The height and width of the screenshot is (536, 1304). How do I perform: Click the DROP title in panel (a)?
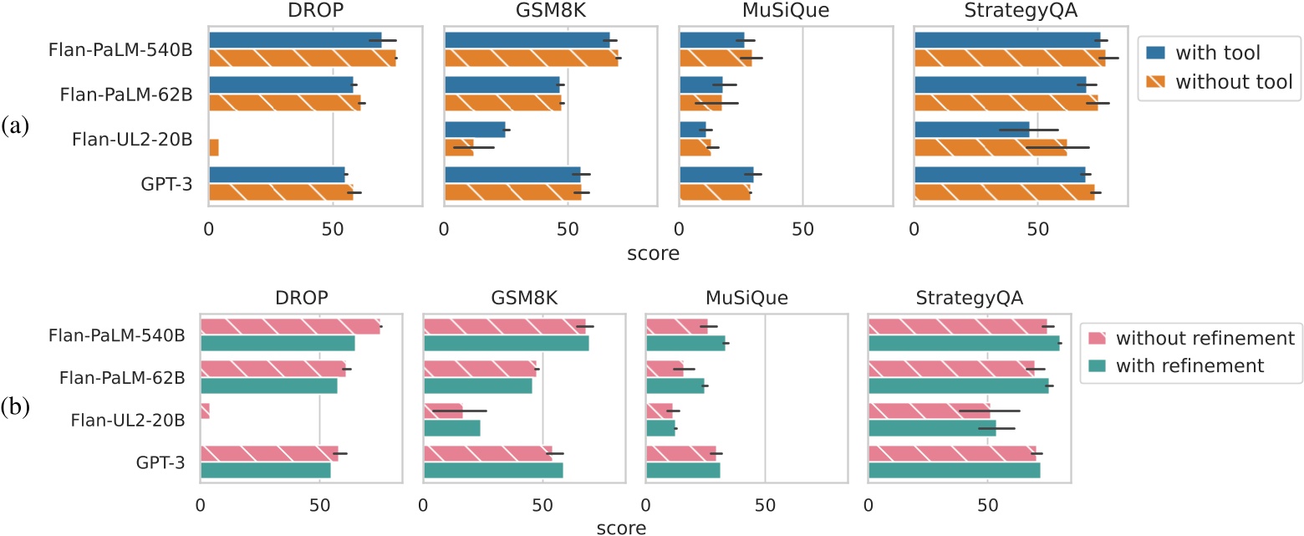tap(315, 12)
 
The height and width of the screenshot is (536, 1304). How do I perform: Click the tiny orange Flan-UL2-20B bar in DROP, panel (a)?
tap(214, 147)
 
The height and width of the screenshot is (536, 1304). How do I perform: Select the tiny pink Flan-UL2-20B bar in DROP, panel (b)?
tap(205, 411)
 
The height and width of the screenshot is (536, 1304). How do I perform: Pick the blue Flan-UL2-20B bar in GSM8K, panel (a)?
tap(475, 130)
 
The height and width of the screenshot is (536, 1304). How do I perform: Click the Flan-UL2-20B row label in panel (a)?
tap(126, 139)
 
